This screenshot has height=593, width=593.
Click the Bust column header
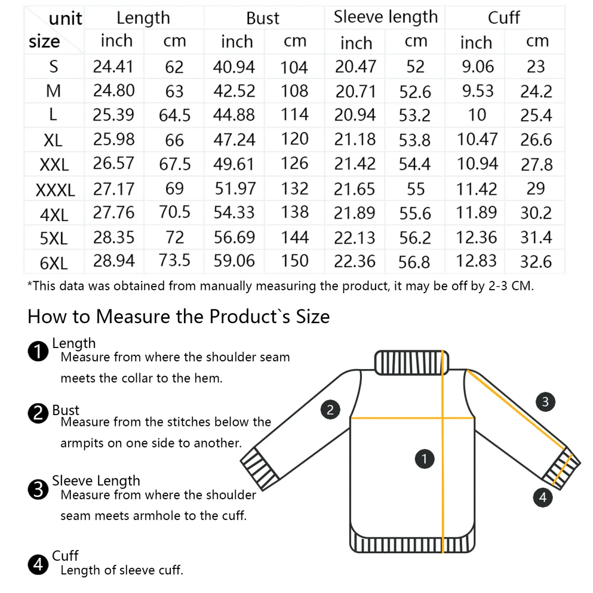263,18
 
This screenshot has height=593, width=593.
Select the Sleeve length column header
385,17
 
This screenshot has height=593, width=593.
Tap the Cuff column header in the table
504,17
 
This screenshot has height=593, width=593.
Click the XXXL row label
55,190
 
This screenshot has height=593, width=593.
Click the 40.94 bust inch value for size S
234,67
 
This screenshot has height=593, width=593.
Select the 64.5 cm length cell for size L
174,115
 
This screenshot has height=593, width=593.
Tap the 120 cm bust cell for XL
295,139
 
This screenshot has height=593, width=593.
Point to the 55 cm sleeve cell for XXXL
416,189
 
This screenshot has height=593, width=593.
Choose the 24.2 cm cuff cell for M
536,91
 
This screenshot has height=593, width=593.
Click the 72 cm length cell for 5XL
174,238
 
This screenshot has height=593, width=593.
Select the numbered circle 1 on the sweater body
424,459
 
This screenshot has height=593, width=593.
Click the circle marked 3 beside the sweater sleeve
545,401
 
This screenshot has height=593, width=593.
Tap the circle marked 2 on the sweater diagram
330,409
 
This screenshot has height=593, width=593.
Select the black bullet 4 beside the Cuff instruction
38,564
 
